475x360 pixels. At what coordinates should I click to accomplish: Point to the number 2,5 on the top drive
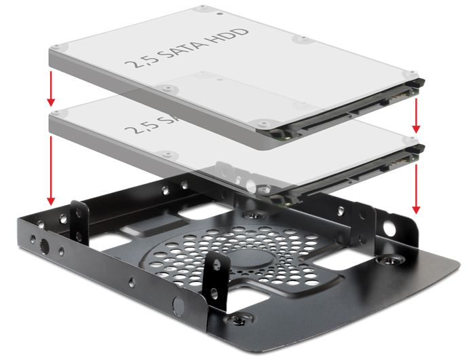[x=138, y=65]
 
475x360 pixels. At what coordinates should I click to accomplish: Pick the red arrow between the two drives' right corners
[x=417, y=113]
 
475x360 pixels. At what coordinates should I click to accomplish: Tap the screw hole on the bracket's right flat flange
[x=391, y=259]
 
